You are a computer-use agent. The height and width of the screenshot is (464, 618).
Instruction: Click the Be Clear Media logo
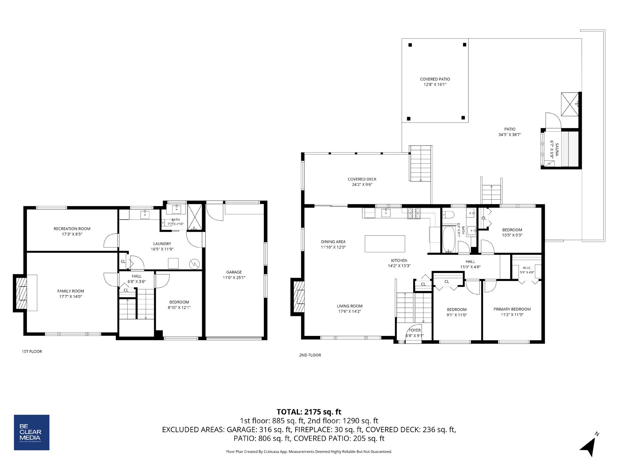pos(32,432)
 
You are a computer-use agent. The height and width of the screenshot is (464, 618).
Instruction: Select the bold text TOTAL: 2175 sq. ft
pos(309,412)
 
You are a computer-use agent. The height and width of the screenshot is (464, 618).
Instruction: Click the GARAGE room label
pos(234,272)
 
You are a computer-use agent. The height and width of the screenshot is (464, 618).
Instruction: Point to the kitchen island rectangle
pos(385,244)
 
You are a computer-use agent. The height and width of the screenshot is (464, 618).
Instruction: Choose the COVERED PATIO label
pos(435,79)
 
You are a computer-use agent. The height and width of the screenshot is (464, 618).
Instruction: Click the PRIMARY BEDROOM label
pos(512,309)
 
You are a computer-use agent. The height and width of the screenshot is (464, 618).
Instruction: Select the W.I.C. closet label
pos(526,268)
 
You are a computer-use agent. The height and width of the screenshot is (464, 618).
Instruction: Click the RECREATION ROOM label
pos(72,229)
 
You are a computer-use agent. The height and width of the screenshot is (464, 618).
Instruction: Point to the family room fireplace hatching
pos(21,293)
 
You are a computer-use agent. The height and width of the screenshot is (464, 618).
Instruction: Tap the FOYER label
pos(415,330)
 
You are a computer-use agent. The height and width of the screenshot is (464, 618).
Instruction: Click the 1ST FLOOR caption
pos(32,351)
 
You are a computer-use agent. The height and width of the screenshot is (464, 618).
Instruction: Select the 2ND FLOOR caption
pos(310,355)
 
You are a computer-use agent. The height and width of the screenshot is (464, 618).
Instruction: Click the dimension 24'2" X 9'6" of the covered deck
pos(362,185)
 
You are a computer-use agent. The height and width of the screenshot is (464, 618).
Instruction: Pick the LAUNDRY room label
pos(162,244)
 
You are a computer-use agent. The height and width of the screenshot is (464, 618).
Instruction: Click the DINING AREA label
pos(333,242)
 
